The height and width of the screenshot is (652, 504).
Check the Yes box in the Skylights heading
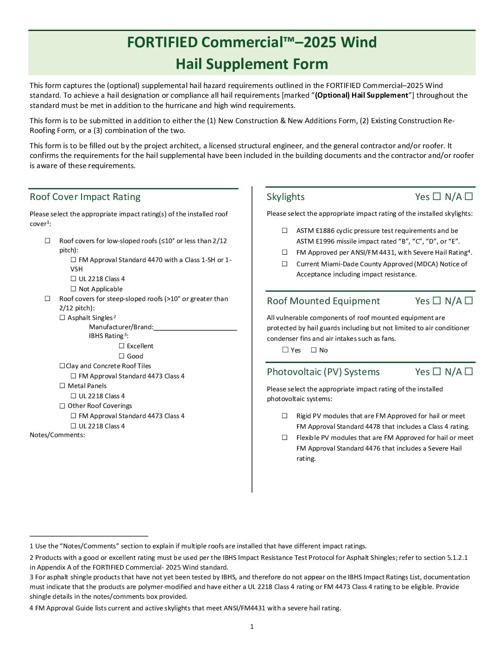point(436,196)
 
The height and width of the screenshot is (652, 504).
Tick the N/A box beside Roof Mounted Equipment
point(469,301)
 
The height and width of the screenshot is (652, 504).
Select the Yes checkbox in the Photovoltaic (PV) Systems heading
point(436,371)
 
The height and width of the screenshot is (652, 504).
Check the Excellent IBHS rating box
point(122,346)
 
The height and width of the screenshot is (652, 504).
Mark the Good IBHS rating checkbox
point(122,356)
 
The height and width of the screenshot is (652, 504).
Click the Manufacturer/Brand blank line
point(195,327)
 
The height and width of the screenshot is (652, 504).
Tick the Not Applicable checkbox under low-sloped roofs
point(73,289)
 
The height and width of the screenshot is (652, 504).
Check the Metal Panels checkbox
point(63,386)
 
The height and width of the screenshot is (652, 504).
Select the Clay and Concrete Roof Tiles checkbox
point(62,366)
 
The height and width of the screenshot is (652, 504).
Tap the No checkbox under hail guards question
point(314,350)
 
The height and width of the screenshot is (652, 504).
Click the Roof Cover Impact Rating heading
point(85,197)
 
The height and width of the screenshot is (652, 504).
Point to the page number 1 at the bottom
point(252,627)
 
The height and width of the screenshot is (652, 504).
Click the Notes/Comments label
point(57,435)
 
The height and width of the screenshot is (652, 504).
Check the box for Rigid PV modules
point(285,416)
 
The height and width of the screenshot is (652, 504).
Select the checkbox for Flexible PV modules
point(285,438)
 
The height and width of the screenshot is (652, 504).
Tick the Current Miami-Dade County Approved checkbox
point(285,264)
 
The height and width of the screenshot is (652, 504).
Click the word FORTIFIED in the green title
point(163,42)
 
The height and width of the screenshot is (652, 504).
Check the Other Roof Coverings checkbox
point(63,406)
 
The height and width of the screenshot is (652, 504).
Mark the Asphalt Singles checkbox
point(63,318)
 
